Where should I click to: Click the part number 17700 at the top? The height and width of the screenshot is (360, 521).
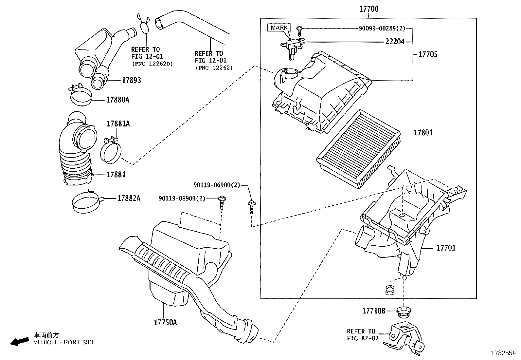369,9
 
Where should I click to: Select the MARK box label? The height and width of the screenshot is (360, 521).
279,28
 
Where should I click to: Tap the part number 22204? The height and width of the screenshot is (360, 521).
395,42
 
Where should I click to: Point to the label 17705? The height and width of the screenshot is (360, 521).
428,54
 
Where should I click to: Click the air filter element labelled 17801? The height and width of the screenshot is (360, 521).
358,149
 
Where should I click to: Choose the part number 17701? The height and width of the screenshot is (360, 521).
446,248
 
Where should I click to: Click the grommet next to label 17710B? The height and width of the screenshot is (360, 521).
403,312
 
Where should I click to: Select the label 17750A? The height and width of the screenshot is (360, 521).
165,323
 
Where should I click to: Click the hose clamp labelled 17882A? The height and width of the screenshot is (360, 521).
87,202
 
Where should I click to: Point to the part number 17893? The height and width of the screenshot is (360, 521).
132,80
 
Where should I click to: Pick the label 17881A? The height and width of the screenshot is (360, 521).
118,123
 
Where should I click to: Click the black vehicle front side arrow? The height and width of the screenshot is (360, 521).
20,341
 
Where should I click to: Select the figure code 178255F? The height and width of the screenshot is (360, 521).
503,353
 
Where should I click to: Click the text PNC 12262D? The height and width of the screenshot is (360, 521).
153,64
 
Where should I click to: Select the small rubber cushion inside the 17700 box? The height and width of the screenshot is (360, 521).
390,290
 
